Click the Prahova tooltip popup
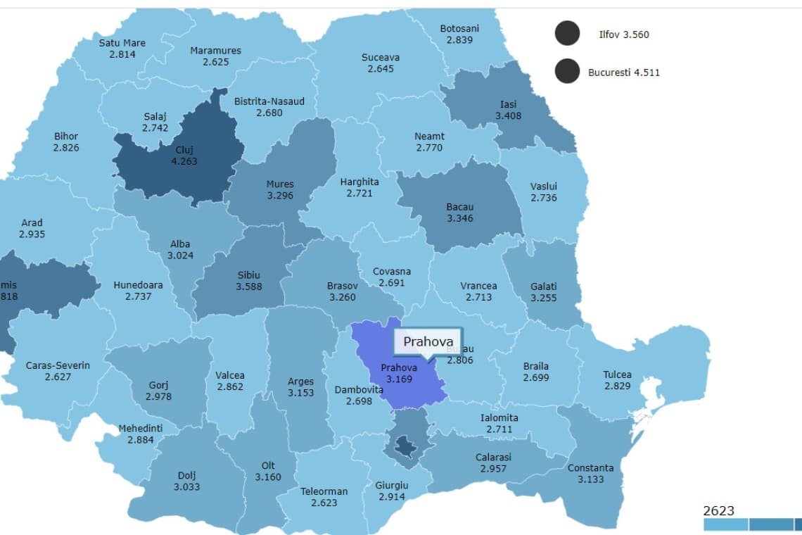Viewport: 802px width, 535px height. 428,343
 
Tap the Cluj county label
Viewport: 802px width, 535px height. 184,149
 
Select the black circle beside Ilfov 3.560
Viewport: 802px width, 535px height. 567,33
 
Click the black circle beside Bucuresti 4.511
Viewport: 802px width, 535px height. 567,71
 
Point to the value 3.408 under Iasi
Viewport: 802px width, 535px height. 508,115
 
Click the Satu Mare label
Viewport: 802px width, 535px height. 122,43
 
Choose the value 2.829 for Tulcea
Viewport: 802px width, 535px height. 617,386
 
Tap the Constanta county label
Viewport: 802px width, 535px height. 590,468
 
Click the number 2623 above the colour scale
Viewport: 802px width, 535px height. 718,511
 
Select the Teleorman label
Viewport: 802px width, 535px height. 324,491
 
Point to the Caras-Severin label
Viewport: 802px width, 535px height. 58,365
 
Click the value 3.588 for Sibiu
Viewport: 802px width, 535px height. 250,287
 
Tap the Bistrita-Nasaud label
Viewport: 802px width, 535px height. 269,101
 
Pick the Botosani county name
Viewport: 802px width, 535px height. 459,29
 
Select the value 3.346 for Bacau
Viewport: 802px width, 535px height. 459,218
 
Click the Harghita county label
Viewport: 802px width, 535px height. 359,182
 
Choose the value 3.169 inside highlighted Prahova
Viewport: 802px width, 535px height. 399,379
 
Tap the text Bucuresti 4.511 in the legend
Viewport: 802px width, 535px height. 624,72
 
